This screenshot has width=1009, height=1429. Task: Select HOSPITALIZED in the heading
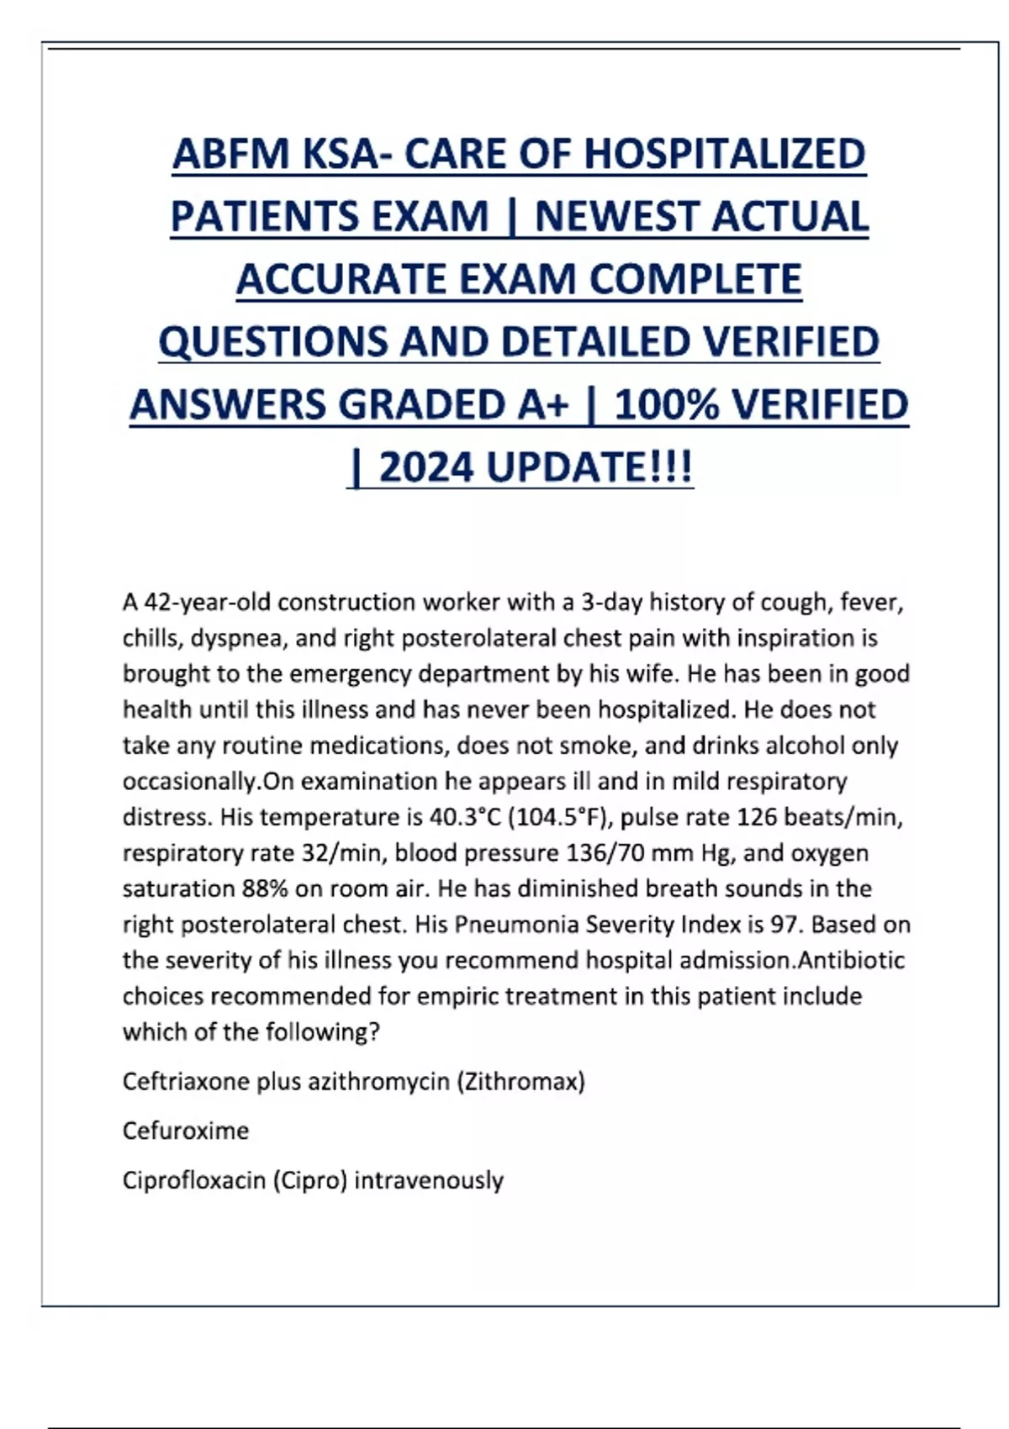pos(724,154)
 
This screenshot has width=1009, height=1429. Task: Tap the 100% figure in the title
pos(667,405)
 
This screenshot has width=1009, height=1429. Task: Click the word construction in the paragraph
pos(346,603)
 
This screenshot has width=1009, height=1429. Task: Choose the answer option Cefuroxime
pos(186,1131)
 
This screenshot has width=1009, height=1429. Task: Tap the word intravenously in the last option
pos(429,1180)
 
